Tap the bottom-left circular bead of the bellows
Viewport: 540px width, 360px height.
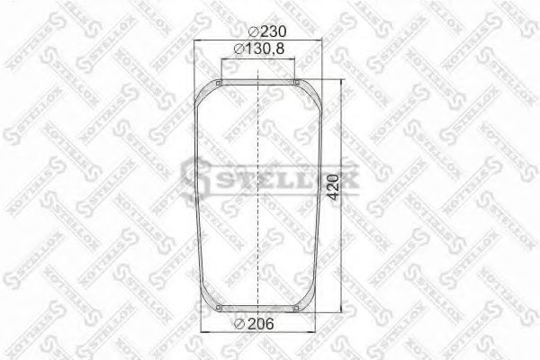coord(220,311)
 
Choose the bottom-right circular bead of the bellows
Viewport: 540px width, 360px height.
coord(295,311)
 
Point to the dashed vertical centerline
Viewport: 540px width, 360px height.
coord(257,198)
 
